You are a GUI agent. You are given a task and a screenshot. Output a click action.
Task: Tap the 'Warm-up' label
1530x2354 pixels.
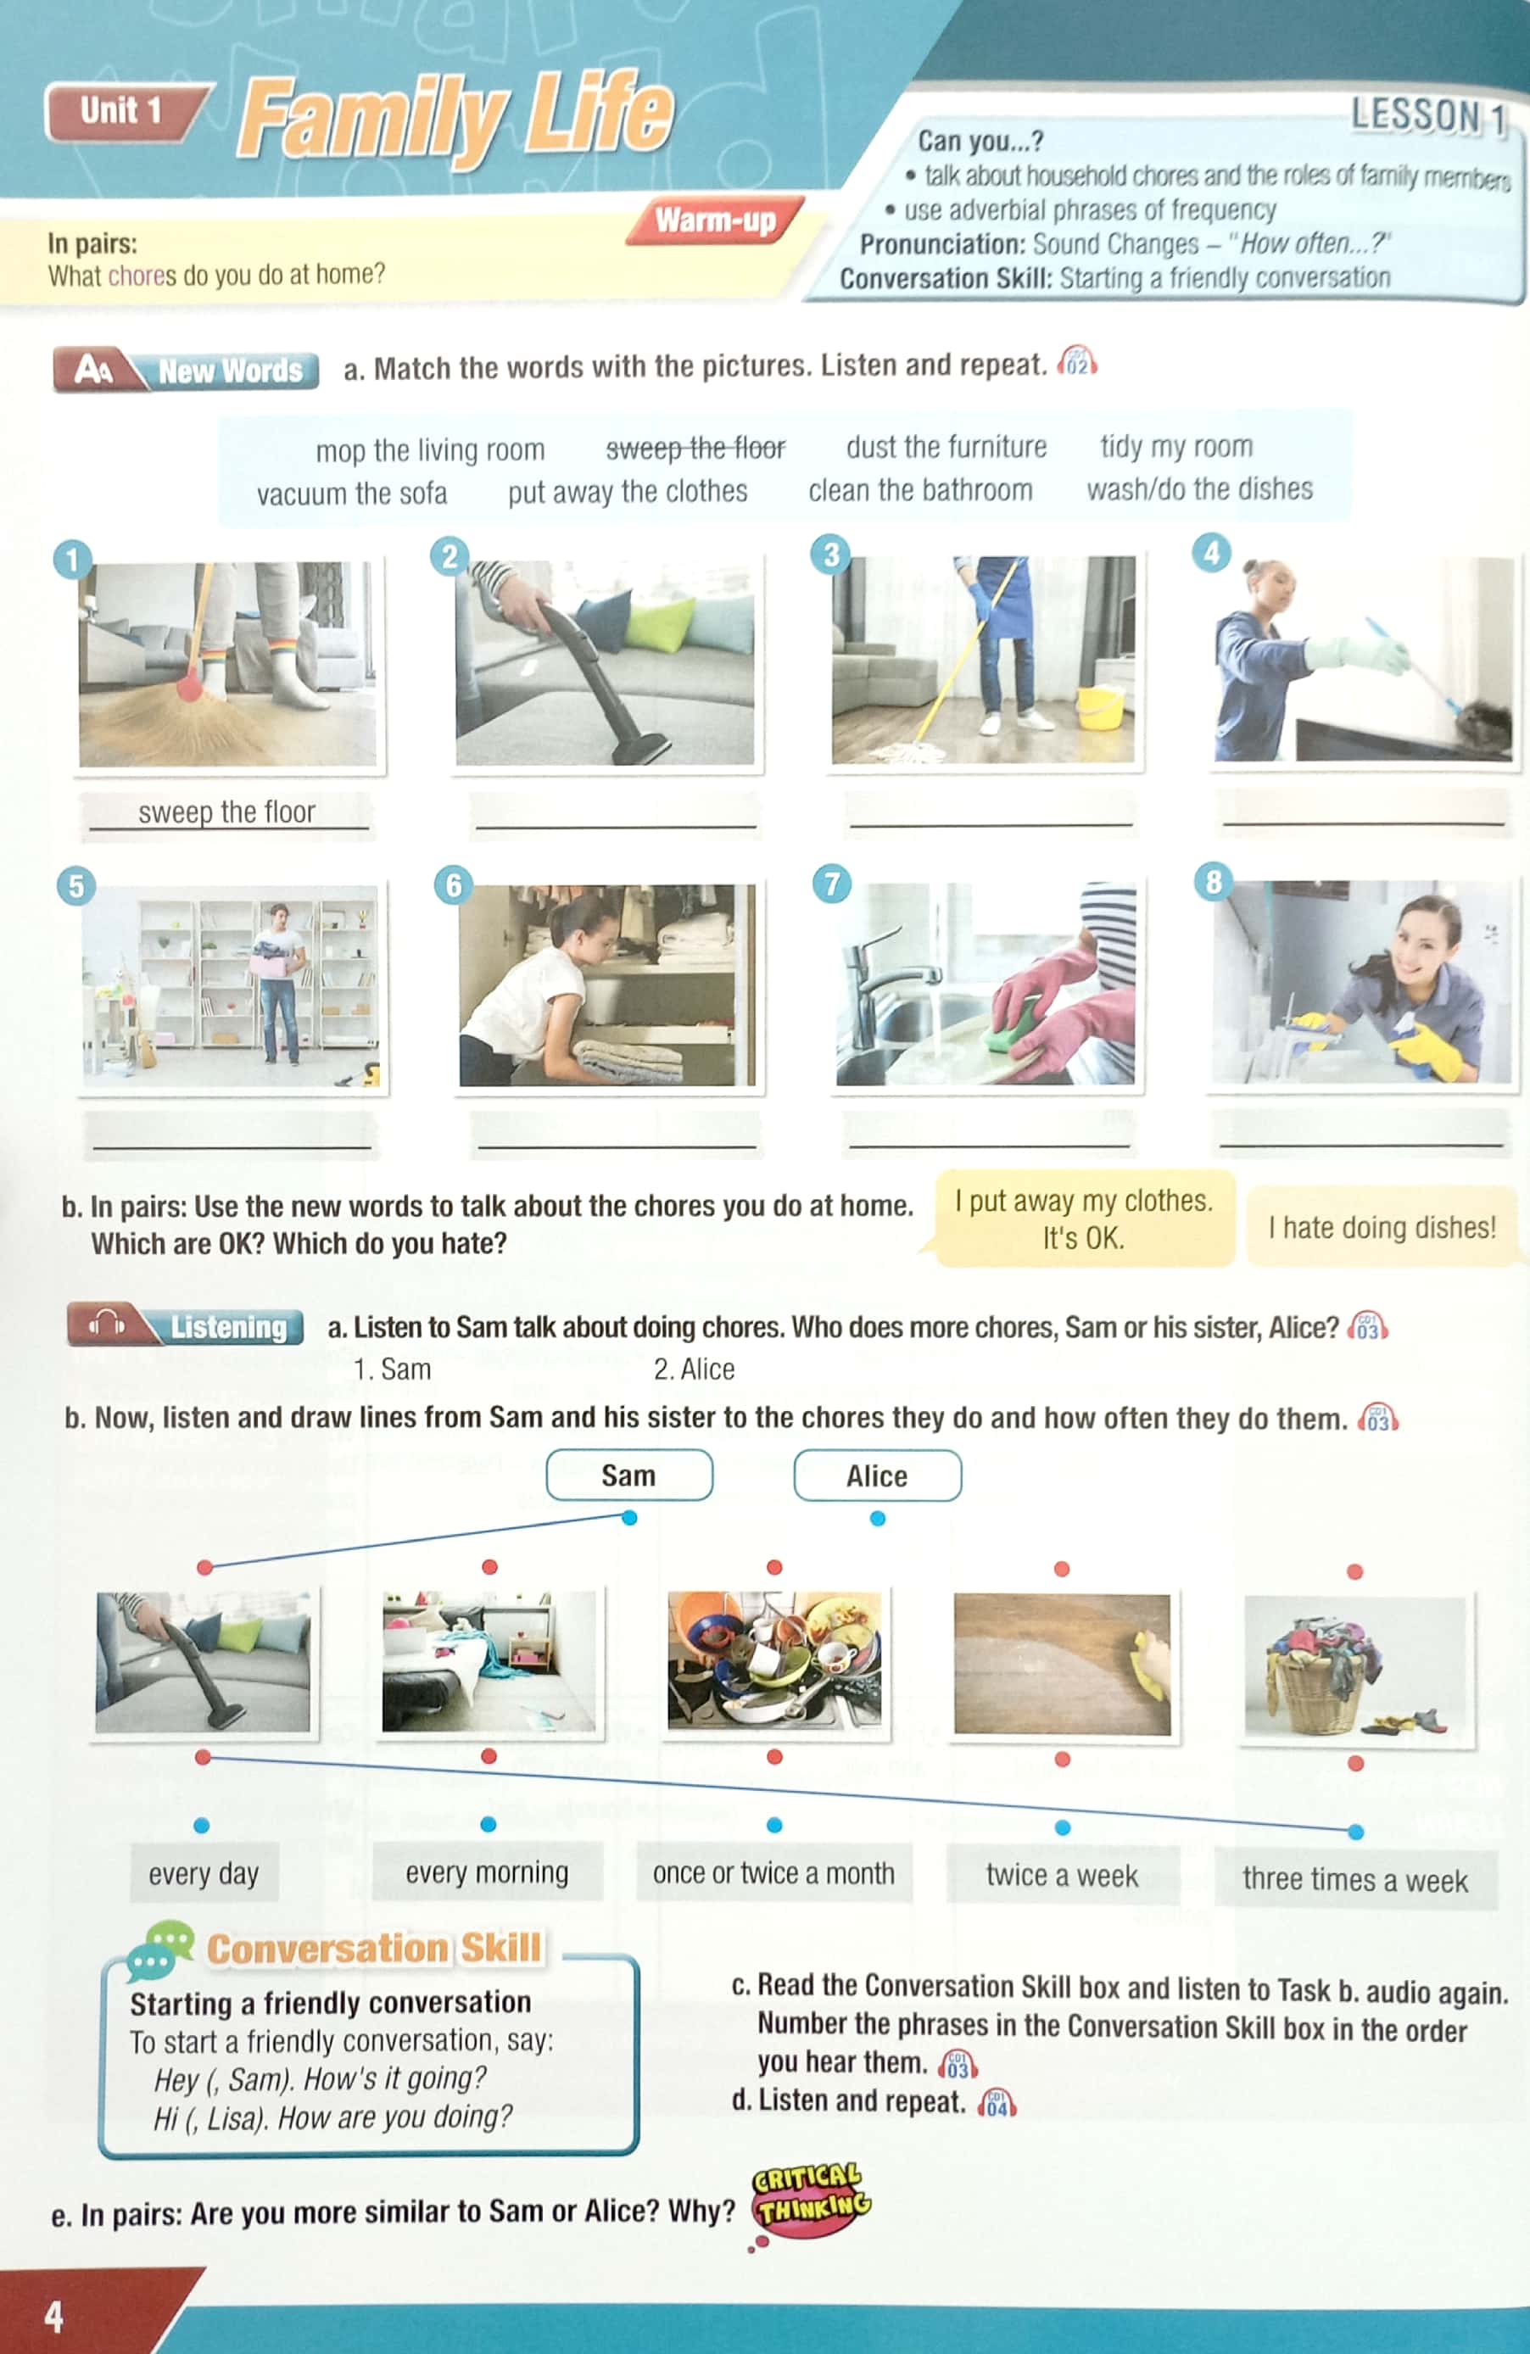tap(715, 220)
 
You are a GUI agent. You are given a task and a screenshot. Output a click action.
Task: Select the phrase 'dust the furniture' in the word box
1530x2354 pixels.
tap(946, 447)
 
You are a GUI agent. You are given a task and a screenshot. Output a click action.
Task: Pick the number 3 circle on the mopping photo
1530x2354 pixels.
tap(831, 554)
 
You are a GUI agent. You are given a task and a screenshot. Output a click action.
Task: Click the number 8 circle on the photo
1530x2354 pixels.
tap(1214, 880)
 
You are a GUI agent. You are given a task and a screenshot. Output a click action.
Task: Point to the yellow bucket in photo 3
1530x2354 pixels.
tap(1101, 706)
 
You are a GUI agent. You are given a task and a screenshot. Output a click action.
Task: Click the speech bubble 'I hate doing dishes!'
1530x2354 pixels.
tap(1381, 1227)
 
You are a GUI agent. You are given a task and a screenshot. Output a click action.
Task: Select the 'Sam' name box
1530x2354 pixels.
tap(629, 1475)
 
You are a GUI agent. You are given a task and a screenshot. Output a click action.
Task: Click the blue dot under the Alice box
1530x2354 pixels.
tap(877, 1518)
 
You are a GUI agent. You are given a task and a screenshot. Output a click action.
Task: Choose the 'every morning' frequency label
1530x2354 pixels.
tap(487, 1872)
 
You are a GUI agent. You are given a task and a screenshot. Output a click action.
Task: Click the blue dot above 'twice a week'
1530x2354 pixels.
tap(1062, 1827)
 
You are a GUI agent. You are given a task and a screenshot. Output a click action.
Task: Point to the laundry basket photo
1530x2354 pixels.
tap(1357, 1670)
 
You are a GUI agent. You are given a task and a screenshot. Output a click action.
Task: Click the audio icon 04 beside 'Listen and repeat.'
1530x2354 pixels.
tap(996, 2104)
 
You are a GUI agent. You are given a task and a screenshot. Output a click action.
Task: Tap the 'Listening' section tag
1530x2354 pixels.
tap(227, 1326)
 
